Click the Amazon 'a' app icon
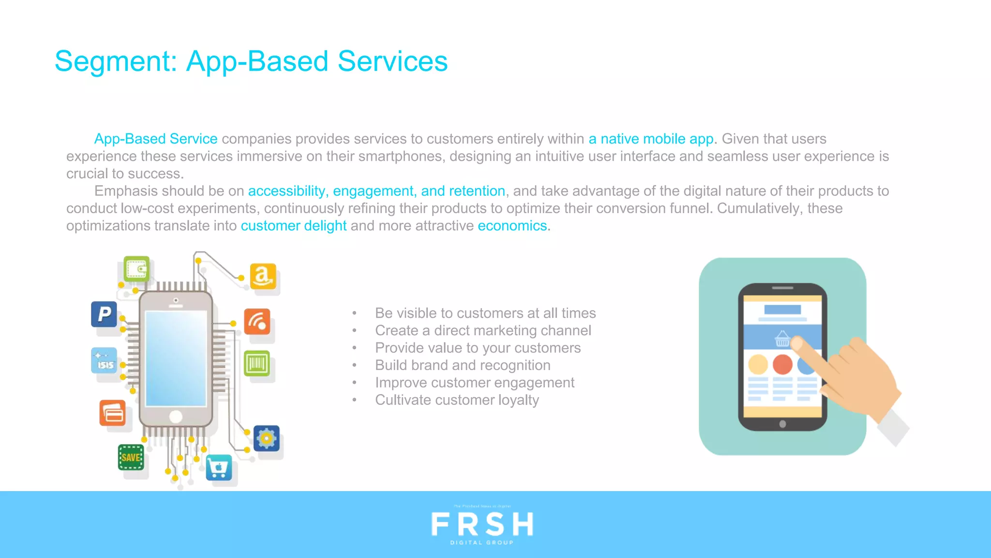[x=263, y=276]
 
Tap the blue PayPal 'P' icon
[x=104, y=314]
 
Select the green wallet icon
[x=136, y=269]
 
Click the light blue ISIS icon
[x=104, y=361]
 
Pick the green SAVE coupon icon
[x=131, y=457]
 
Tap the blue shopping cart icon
[x=219, y=467]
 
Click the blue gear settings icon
[x=266, y=438]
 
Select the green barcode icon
[x=256, y=363]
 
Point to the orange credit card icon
[x=113, y=413]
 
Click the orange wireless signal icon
[x=256, y=322]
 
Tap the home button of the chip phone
[x=176, y=416]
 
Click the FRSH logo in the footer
[x=482, y=525]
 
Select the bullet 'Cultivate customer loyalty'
[x=457, y=400]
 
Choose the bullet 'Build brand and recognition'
[x=463, y=365]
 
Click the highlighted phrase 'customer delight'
[x=294, y=226]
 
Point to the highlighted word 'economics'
[x=512, y=226]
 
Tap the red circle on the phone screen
[x=782, y=364]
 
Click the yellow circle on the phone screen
[x=758, y=364]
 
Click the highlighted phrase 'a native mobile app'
[x=651, y=139]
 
